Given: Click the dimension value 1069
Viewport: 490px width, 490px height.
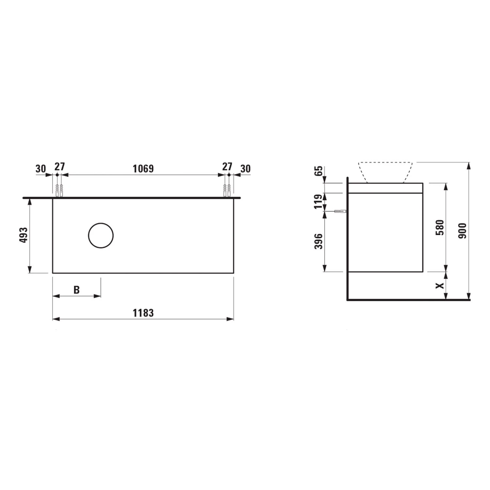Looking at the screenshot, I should click(x=143, y=169).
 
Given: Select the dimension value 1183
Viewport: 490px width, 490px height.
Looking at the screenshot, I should click(x=143, y=313).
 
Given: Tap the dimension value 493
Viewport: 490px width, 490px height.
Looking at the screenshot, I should click(x=24, y=235).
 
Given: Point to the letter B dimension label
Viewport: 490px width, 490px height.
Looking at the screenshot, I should click(x=76, y=290).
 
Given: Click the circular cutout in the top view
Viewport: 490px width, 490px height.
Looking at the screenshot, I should click(x=101, y=236).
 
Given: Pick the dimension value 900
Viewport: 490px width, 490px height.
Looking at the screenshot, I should click(x=463, y=231).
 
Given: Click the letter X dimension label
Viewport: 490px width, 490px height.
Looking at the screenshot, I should click(x=440, y=285).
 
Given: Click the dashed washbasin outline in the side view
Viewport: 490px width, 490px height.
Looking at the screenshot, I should click(x=385, y=172).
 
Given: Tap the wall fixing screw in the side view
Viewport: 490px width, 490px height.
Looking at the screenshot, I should click(x=340, y=211).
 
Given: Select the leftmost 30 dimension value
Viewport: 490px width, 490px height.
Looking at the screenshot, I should click(x=41, y=169).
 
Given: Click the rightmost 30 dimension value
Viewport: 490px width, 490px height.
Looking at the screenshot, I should click(x=245, y=169).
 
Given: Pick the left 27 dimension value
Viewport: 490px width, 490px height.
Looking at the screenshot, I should click(x=59, y=167).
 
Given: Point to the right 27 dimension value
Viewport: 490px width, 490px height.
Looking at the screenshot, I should click(x=227, y=167).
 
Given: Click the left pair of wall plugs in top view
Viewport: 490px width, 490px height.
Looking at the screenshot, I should click(x=59, y=190).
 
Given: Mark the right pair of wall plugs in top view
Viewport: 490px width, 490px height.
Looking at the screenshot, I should click(x=227, y=190).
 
